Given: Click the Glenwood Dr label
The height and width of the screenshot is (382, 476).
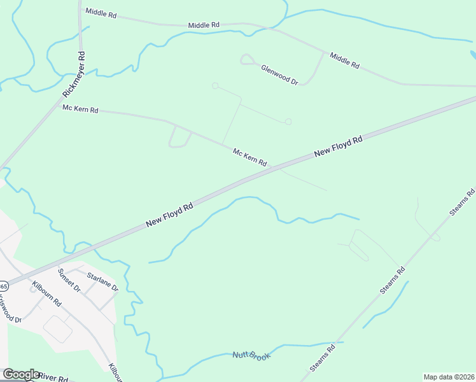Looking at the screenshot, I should pyautogui.click(x=279, y=73).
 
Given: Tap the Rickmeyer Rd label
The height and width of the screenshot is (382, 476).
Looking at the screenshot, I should pyautogui.click(x=74, y=75).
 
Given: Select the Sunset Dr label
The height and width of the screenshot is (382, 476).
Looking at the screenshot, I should pyautogui.click(x=69, y=279).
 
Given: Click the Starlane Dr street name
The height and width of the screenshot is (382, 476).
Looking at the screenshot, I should pyautogui.click(x=102, y=281).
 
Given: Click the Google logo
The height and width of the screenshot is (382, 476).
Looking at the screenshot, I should pyautogui.click(x=20, y=374).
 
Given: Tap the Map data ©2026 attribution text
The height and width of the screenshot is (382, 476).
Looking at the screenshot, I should pyautogui.click(x=449, y=376).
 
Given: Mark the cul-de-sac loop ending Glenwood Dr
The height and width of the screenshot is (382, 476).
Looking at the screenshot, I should pyautogui.click(x=246, y=59).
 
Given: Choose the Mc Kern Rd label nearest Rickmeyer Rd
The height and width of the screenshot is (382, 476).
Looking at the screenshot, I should pyautogui.click(x=80, y=109).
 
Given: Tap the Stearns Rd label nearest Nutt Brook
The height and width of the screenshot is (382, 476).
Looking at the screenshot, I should pyautogui.click(x=323, y=360).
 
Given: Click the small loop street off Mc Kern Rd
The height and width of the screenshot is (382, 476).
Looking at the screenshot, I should pyautogui.click(x=179, y=138).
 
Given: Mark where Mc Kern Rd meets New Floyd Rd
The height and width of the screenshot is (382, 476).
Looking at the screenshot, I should pyautogui.click(x=272, y=167).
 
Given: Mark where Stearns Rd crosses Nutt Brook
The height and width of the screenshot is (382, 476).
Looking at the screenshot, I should pyautogui.click(x=337, y=343).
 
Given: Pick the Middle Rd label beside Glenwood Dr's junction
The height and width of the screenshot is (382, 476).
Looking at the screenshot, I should pyautogui.click(x=344, y=60).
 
